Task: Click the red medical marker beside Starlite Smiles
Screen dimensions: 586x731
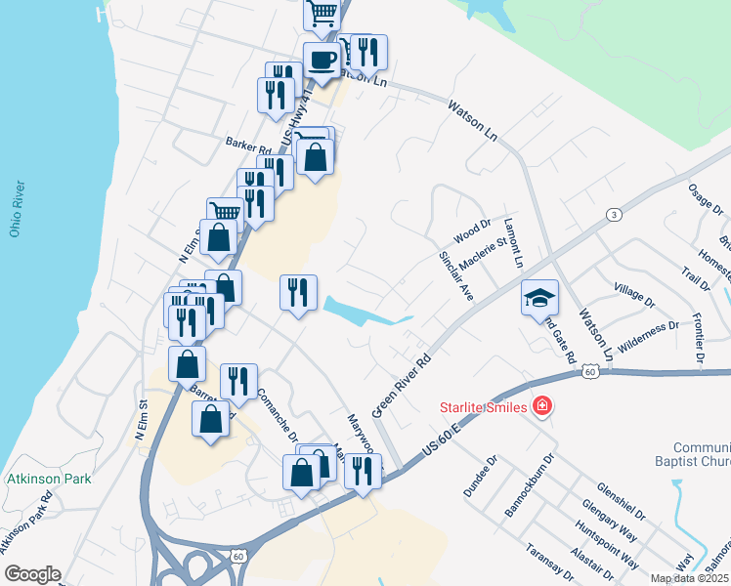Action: tap(541, 405)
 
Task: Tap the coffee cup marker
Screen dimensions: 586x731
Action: tap(322, 61)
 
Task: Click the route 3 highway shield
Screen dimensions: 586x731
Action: tap(613, 215)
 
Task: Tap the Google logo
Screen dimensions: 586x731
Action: tap(32, 575)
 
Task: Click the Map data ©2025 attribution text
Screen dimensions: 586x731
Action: tap(690, 578)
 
